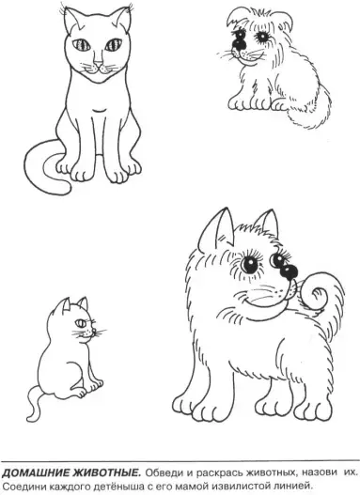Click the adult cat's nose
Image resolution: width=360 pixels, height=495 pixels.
click(x=99, y=63)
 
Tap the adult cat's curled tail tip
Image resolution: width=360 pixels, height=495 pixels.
click(x=67, y=187)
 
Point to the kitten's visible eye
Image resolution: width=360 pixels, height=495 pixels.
click(x=81, y=323)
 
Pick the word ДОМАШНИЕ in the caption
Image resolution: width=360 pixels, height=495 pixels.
click(x=36, y=472)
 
